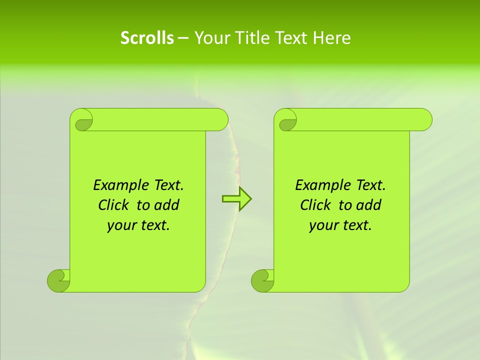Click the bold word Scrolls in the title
(x=147, y=38)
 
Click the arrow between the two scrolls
(x=236, y=199)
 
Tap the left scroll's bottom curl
(x=58, y=280)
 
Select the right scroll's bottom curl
(x=262, y=280)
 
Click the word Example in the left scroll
(x=118, y=185)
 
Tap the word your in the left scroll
(x=120, y=225)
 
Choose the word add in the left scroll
(x=166, y=205)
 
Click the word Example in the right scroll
(x=320, y=185)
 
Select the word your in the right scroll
(x=322, y=225)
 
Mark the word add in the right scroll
(x=368, y=205)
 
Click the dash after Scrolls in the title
(x=183, y=38)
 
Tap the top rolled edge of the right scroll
(x=360, y=119)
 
